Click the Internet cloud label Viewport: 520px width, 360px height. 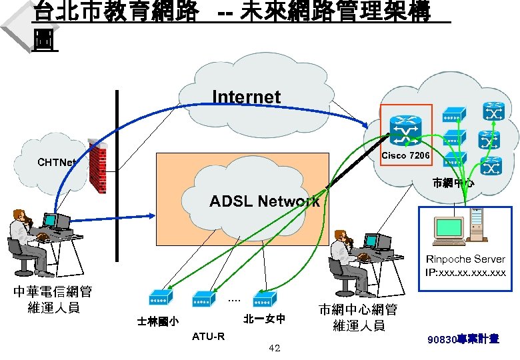point(246,97)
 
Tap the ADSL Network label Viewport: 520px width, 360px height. point(265,201)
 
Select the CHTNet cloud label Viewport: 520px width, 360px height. point(57,162)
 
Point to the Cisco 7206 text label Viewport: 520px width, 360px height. point(405,155)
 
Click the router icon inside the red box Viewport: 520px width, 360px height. point(405,129)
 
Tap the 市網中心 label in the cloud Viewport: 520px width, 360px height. point(453,182)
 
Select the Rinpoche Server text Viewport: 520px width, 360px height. point(466,259)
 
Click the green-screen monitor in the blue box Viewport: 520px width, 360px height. point(447,228)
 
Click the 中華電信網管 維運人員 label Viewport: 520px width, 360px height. point(53,299)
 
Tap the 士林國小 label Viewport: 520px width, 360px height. point(157,321)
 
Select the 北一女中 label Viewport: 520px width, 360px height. point(265,318)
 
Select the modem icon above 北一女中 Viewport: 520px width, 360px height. point(265,297)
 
